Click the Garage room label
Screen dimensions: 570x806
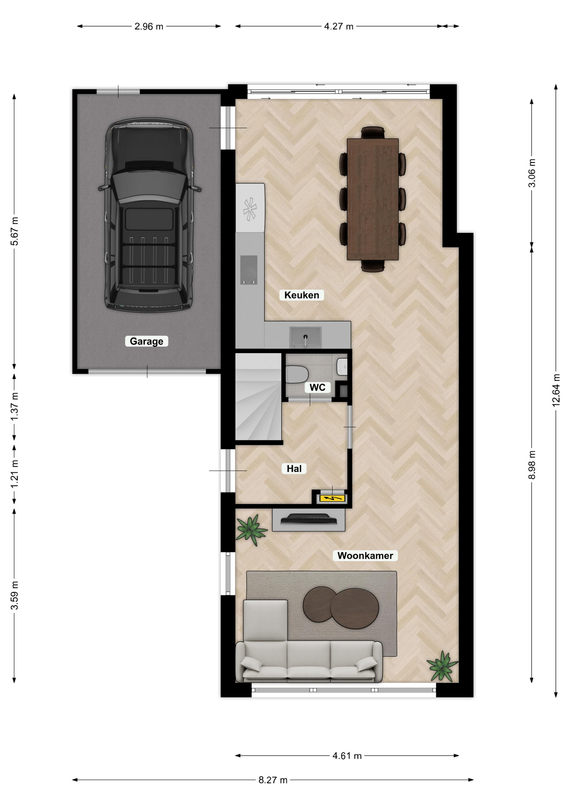tap(146, 341)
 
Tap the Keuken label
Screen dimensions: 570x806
tap(302, 295)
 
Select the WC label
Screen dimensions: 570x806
tap(317, 387)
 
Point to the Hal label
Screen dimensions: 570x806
tap(294, 468)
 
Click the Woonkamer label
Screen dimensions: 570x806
tap(365, 555)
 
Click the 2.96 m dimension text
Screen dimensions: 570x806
tap(149, 26)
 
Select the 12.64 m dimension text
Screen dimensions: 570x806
tap(556, 390)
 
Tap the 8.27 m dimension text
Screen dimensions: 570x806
tap(273, 780)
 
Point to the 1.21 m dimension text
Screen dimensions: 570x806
tap(14, 474)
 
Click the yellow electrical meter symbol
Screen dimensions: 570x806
tap(332, 498)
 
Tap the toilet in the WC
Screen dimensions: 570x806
tap(297, 374)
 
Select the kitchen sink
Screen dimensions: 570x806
tap(306, 338)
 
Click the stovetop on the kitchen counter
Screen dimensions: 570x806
tap(249, 270)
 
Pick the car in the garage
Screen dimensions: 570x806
tap(149, 215)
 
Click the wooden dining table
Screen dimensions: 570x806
tap(373, 199)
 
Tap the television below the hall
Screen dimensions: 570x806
tap(309, 519)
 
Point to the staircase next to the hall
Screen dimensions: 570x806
tap(258, 397)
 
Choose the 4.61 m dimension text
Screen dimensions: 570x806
tap(347, 756)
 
